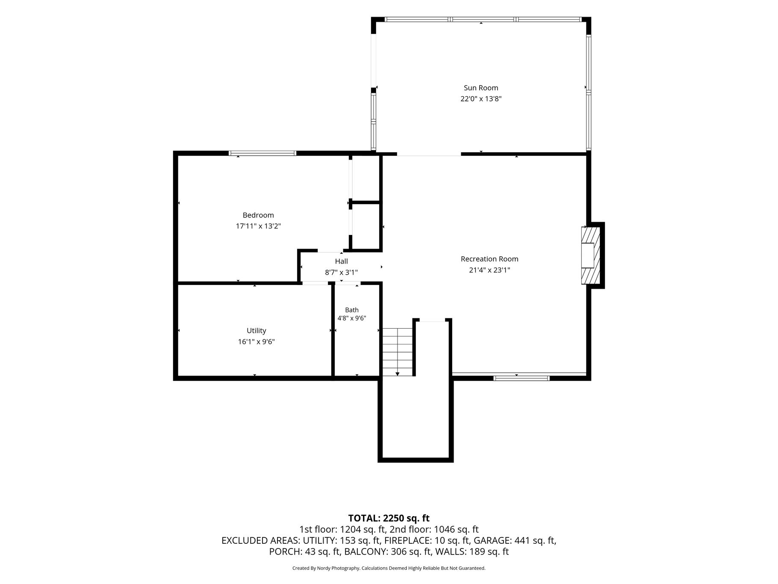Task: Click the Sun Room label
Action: tap(481, 88)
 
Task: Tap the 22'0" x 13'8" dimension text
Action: tap(481, 99)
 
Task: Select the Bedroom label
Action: tap(258, 215)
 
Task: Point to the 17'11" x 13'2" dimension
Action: tap(258, 226)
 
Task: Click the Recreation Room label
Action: tap(489, 259)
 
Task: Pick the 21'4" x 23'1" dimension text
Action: tap(489, 270)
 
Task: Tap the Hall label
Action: tap(341, 261)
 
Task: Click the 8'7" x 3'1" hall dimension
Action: tap(341, 272)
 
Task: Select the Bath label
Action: tap(352, 310)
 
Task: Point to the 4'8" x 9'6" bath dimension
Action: tap(352, 318)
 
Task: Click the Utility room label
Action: tap(256, 331)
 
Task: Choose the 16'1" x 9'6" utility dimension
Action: tap(256, 342)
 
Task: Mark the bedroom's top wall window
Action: tap(262, 153)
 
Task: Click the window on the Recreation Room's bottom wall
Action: tap(521, 378)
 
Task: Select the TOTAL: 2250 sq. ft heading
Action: tap(389, 518)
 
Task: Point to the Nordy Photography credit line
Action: tap(389, 568)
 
